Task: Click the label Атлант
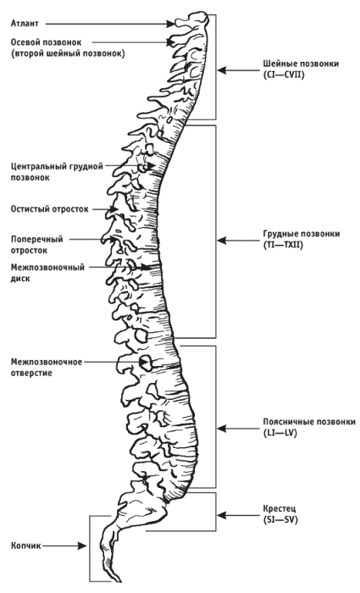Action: coord(25,24)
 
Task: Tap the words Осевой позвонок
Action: coord(46,42)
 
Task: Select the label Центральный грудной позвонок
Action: coord(57,172)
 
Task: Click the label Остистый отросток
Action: coord(49,209)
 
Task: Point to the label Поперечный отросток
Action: coord(36,245)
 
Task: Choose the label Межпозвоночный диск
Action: coord(47,273)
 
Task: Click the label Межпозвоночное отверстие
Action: coord(46,368)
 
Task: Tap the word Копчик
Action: coord(25,546)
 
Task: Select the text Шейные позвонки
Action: coord(301,64)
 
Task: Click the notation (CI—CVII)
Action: coord(284,75)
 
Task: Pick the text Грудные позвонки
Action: coord(302,234)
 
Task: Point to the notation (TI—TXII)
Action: coord(283,245)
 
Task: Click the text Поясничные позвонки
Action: coord(309,422)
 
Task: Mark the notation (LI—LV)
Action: coord(280,433)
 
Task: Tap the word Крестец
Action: coord(280,508)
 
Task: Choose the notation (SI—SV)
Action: coord(280,519)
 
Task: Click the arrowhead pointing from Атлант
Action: coord(171,24)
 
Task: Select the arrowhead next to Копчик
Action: coord(82,546)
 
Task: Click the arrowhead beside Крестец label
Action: coord(222,515)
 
